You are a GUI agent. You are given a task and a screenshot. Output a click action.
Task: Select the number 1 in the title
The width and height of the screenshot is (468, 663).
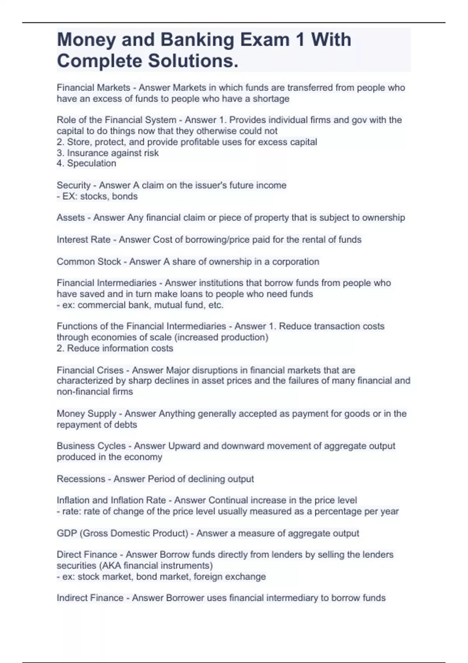tap(300, 40)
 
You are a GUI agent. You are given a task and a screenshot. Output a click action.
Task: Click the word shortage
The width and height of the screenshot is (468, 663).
tap(271, 99)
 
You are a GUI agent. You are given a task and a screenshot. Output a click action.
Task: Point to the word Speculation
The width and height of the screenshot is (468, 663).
tap(91, 163)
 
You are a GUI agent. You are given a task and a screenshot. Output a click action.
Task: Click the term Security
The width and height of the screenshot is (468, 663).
tap(74, 185)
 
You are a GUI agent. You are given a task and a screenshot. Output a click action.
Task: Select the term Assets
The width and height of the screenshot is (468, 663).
tap(71, 218)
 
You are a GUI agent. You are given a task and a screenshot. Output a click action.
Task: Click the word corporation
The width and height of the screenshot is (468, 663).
tap(296, 262)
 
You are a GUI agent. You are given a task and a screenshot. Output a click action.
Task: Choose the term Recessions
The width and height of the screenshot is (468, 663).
tap(81, 479)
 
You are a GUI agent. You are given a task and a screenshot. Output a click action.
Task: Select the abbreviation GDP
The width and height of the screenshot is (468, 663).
tap(67, 533)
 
